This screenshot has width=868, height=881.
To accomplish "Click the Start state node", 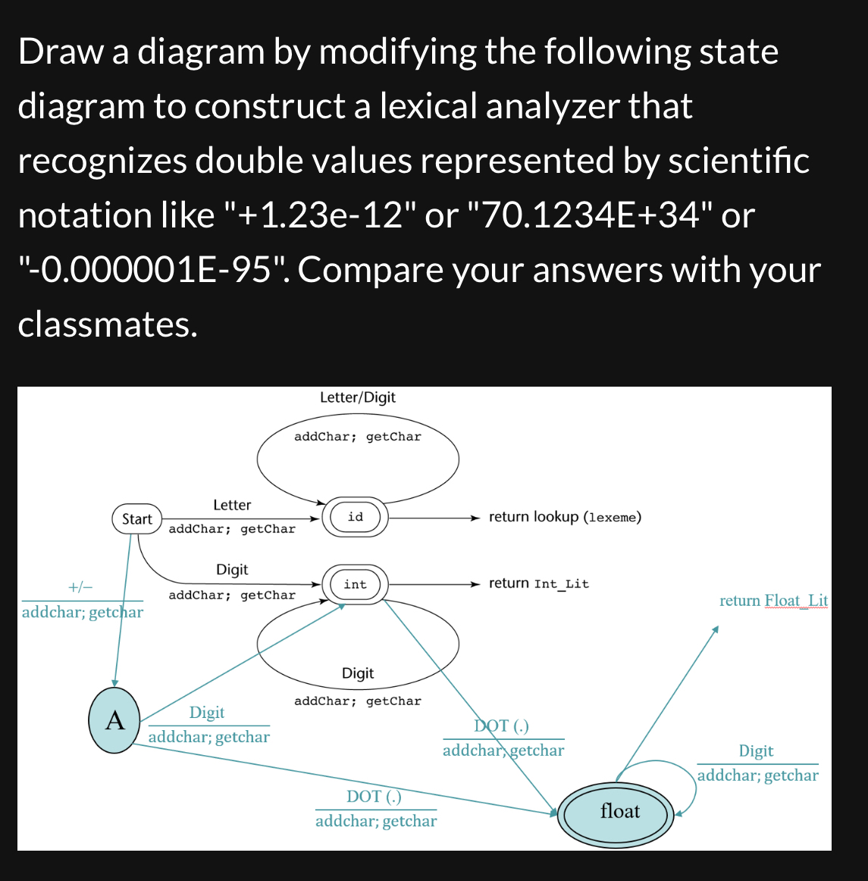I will click(137, 519).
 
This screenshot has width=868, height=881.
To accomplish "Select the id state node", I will click(356, 518).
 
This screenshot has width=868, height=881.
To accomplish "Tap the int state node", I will click(356, 585).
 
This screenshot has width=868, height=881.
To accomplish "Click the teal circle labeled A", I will click(114, 720).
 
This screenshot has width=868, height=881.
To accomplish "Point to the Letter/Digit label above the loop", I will click(358, 397).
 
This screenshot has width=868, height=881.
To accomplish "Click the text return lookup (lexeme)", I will click(565, 517).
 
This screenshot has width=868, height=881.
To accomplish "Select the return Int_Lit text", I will click(538, 584).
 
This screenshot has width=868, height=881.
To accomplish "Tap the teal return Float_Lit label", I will click(773, 601).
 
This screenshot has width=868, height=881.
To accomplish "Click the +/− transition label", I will click(80, 588).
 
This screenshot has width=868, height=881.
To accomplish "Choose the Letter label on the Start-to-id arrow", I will click(232, 505).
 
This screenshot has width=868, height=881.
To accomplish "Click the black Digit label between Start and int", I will click(232, 569).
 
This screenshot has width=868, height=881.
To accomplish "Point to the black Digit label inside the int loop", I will click(358, 673).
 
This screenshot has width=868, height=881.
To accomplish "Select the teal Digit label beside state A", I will click(207, 713).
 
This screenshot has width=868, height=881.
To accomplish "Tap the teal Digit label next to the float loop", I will click(756, 751).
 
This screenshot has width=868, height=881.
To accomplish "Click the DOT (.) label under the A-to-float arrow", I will click(374, 797).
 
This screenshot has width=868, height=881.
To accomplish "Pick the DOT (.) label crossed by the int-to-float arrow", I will click(502, 726).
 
